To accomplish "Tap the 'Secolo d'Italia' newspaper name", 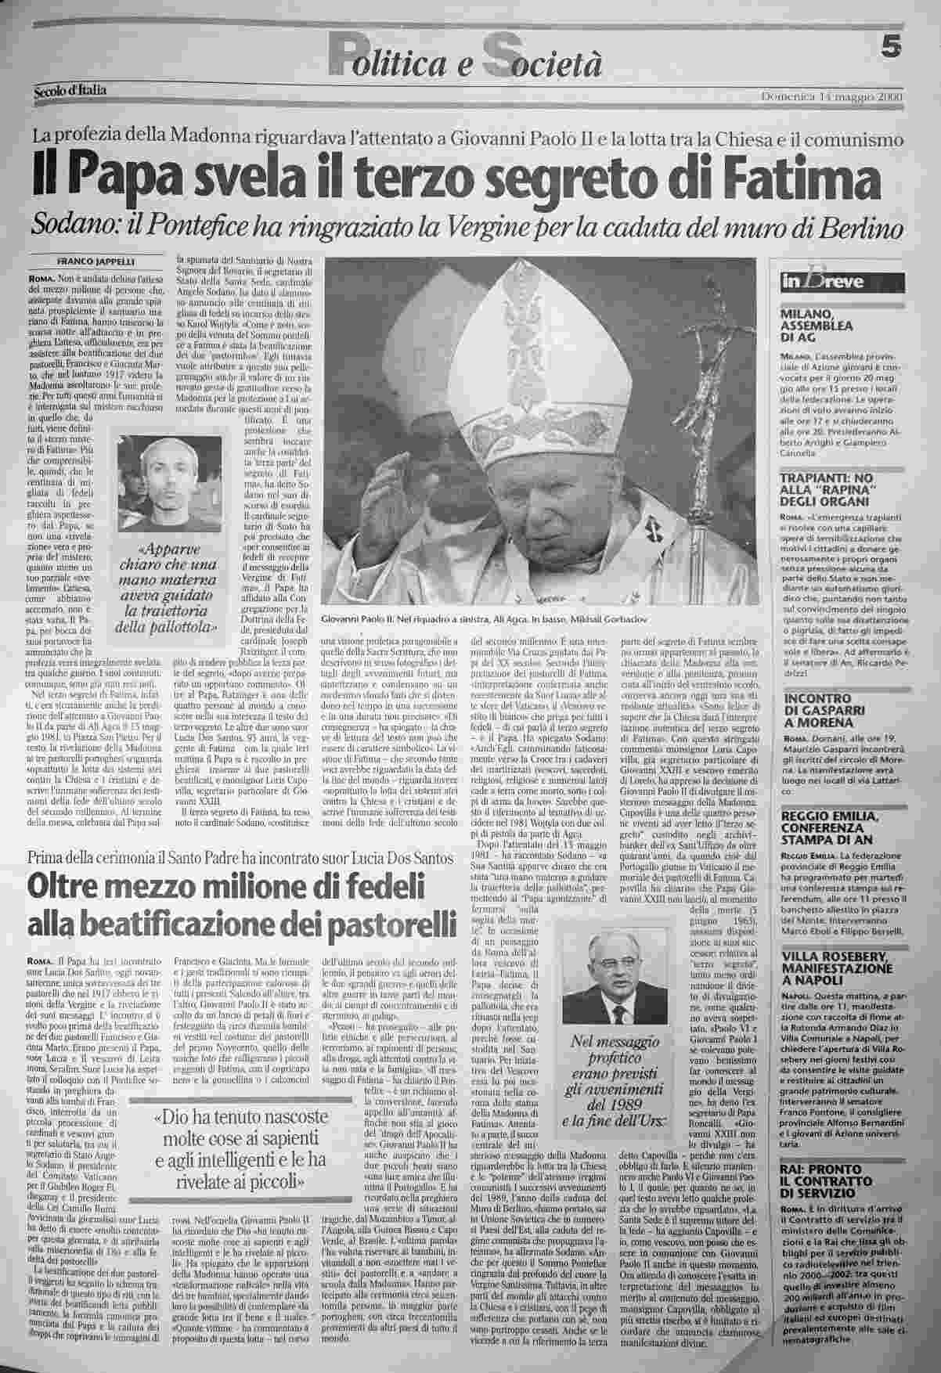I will click(70, 92).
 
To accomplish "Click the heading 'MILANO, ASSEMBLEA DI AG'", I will click(817, 326).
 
